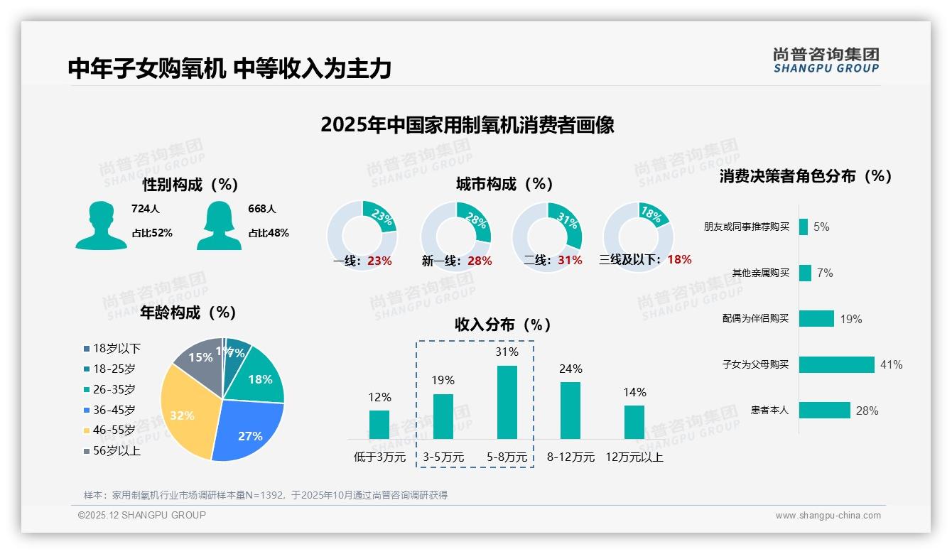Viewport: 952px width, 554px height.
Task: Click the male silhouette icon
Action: point(101,225)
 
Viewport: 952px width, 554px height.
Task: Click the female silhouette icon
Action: point(218,225)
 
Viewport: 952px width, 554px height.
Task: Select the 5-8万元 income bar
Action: point(507,402)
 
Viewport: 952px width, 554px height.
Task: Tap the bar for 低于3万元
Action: point(379,424)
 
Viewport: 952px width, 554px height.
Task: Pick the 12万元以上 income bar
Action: point(634,422)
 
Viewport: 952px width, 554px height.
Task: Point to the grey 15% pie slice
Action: point(199,359)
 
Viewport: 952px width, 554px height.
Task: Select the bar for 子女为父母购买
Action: point(836,364)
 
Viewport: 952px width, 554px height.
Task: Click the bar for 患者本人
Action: point(824,410)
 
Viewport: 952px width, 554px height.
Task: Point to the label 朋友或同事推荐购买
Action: point(747,227)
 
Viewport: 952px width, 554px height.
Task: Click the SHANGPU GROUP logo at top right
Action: point(826,60)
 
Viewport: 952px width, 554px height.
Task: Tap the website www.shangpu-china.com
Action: point(828,516)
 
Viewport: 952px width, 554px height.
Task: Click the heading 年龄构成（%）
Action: point(188,313)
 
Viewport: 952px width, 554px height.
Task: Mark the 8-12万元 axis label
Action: point(570,457)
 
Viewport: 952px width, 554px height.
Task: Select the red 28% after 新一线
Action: point(480,261)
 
